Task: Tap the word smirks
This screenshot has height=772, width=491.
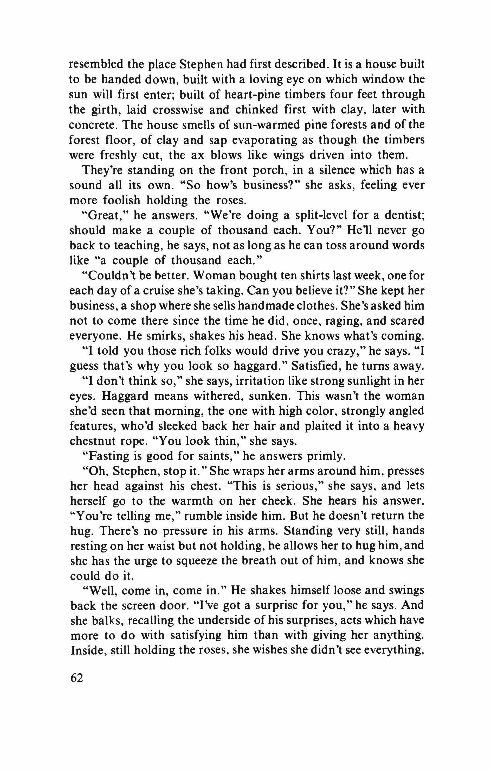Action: click(165, 336)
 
